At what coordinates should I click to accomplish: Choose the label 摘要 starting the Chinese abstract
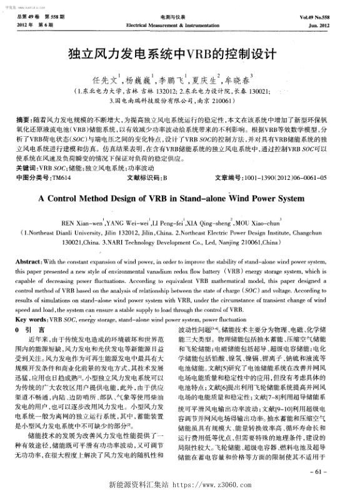(x=23, y=119)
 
